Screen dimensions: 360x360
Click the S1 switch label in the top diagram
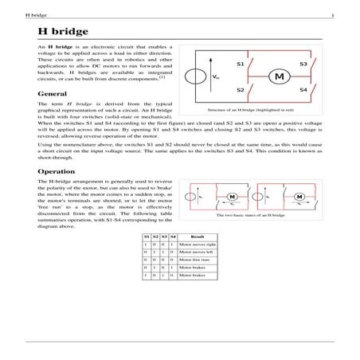point(240,63)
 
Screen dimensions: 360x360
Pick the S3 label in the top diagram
point(303,63)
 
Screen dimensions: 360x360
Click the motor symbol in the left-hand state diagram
point(234,198)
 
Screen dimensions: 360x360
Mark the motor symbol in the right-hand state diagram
point(300,198)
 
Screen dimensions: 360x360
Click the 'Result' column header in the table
point(198,237)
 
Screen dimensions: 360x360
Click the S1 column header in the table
point(147,237)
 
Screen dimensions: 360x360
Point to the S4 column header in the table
point(173,237)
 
